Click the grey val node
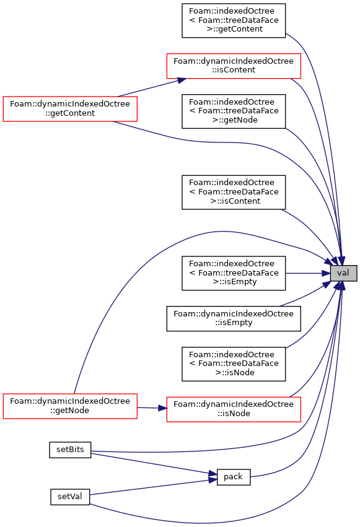pyautogui.click(x=343, y=273)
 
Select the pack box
pyautogui.click(x=234, y=477)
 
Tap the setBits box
pyautogui.click(x=70, y=450)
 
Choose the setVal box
pyautogui.click(x=70, y=497)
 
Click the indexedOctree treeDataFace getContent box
pyautogui.click(x=234, y=20)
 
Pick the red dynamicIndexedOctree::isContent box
pyautogui.click(x=234, y=66)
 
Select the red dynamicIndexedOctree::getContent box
pyautogui.click(x=70, y=109)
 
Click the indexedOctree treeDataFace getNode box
pyautogui.click(x=234, y=111)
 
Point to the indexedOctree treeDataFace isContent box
pyautogui.click(x=234, y=192)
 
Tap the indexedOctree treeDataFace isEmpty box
pyautogui.click(x=234, y=273)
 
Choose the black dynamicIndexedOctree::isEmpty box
pyautogui.click(x=234, y=318)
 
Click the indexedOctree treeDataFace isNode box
pyautogui.click(x=234, y=364)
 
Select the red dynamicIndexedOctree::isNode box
pyautogui.click(x=234, y=409)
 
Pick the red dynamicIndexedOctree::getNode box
pyautogui.click(x=70, y=406)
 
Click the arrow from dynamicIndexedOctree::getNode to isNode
pyautogui.click(x=152, y=408)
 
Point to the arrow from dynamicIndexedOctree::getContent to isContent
pyautogui.click(x=152, y=88)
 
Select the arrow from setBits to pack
pyautogui.click(x=154, y=464)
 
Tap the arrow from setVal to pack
pyautogui.click(x=154, y=487)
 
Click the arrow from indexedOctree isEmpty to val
pyautogui.click(x=307, y=273)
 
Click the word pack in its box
pyautogui.click(x=233, y=477)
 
